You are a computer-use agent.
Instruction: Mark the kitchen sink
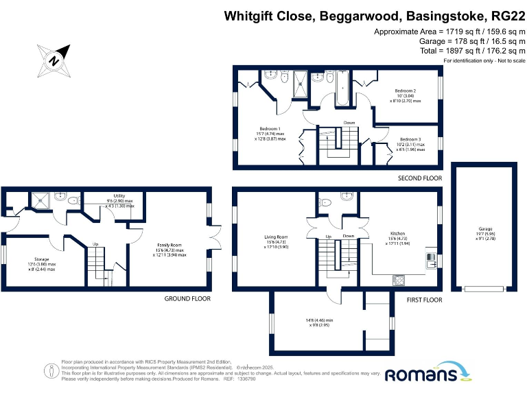[431, 260]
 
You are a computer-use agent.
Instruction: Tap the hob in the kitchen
[398, 280]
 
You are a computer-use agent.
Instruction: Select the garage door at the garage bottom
[484, 289]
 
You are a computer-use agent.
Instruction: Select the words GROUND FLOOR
[187, 299]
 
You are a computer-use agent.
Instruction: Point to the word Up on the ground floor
[95, 243]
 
